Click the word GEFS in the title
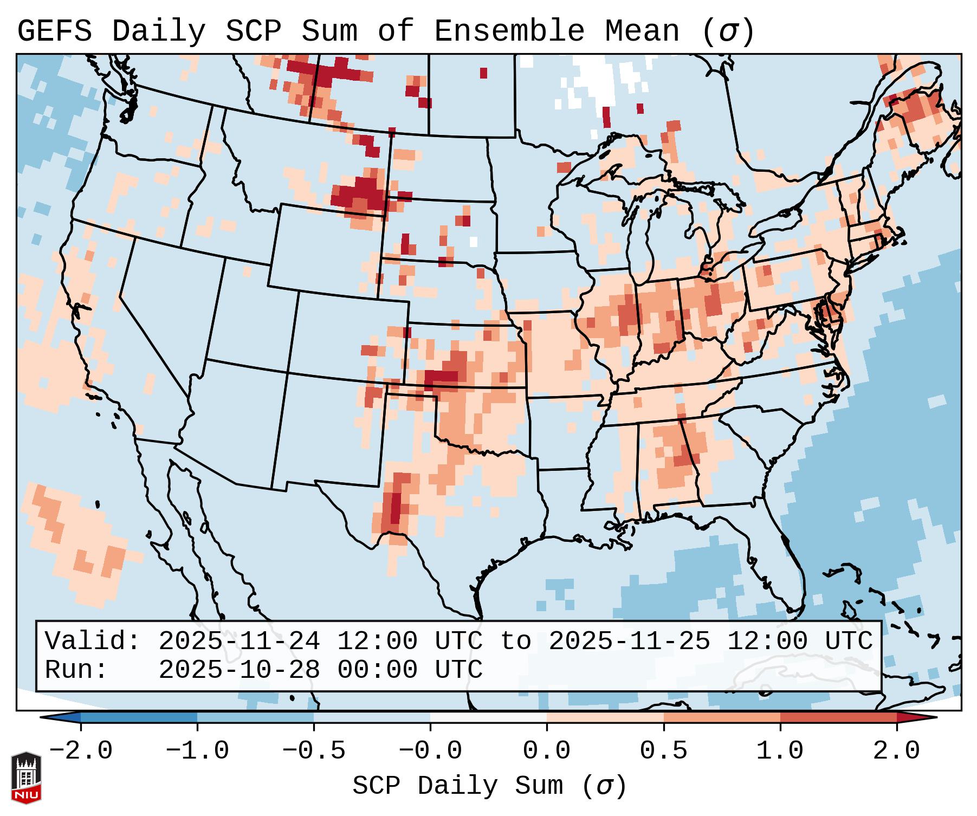coord(54,31)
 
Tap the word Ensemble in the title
coord(509,31)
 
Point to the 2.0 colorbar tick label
coord(896,751)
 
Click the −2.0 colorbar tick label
coord(81,751)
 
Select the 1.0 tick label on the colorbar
coord(780,751)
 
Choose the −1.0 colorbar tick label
coord(197,751)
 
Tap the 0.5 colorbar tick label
coord(663,751)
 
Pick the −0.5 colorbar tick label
coord(314,751)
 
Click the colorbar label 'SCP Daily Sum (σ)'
coord(489,786)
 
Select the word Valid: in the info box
coord(93,641)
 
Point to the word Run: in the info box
coord(76,670)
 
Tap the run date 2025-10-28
coord(238,670)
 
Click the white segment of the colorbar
coord(488,717)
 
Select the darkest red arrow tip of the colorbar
coord(916,717)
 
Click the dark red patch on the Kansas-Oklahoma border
coord(442,376)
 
